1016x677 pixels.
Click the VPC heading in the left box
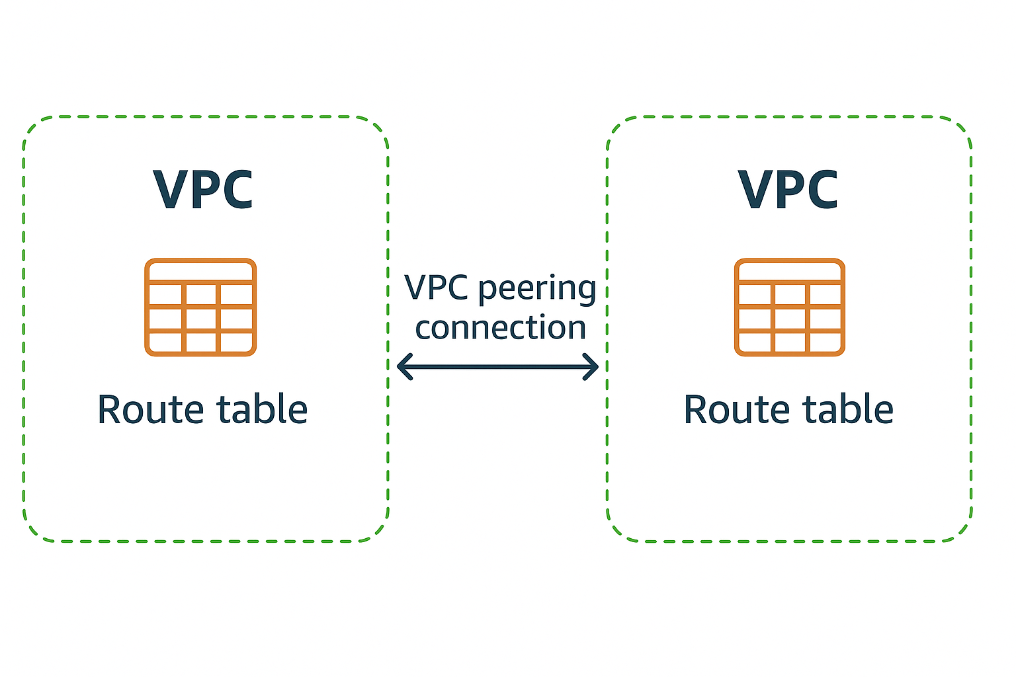[x=203, y=190]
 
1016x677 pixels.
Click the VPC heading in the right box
[x=788, y=190]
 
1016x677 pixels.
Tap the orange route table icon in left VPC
[x=200, y=307]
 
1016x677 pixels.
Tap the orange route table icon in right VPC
[x=790, y=307]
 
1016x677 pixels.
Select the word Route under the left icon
[x=150, y=409]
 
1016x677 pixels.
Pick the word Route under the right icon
[x=736, y=409]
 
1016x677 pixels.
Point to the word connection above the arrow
[x=501, y=328]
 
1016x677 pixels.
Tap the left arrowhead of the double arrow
[x=404, y=366]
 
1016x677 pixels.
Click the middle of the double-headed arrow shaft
[x=497, y=366]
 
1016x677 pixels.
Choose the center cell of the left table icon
[x=200, y=319]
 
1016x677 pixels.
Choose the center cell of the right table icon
[x=790, y=319]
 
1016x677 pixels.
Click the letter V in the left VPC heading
[x=171, y=190]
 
